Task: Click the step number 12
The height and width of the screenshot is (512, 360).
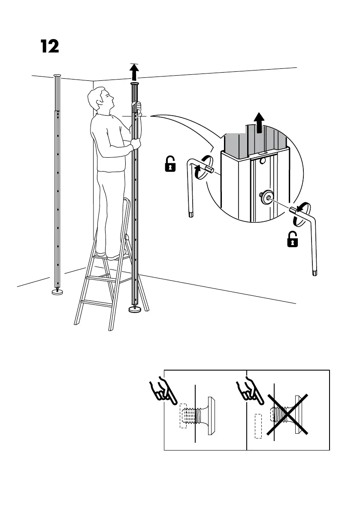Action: [x=50, y=46]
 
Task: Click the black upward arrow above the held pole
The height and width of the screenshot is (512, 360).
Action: [x=135, y=72]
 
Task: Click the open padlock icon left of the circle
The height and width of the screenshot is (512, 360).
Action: [x=170, y=164]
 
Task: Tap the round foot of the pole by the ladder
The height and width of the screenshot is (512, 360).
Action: [x=135, y=309]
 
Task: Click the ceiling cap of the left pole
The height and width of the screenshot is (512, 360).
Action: [x=57, y=75]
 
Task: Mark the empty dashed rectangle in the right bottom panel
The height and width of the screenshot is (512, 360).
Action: [x=258, y=426]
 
